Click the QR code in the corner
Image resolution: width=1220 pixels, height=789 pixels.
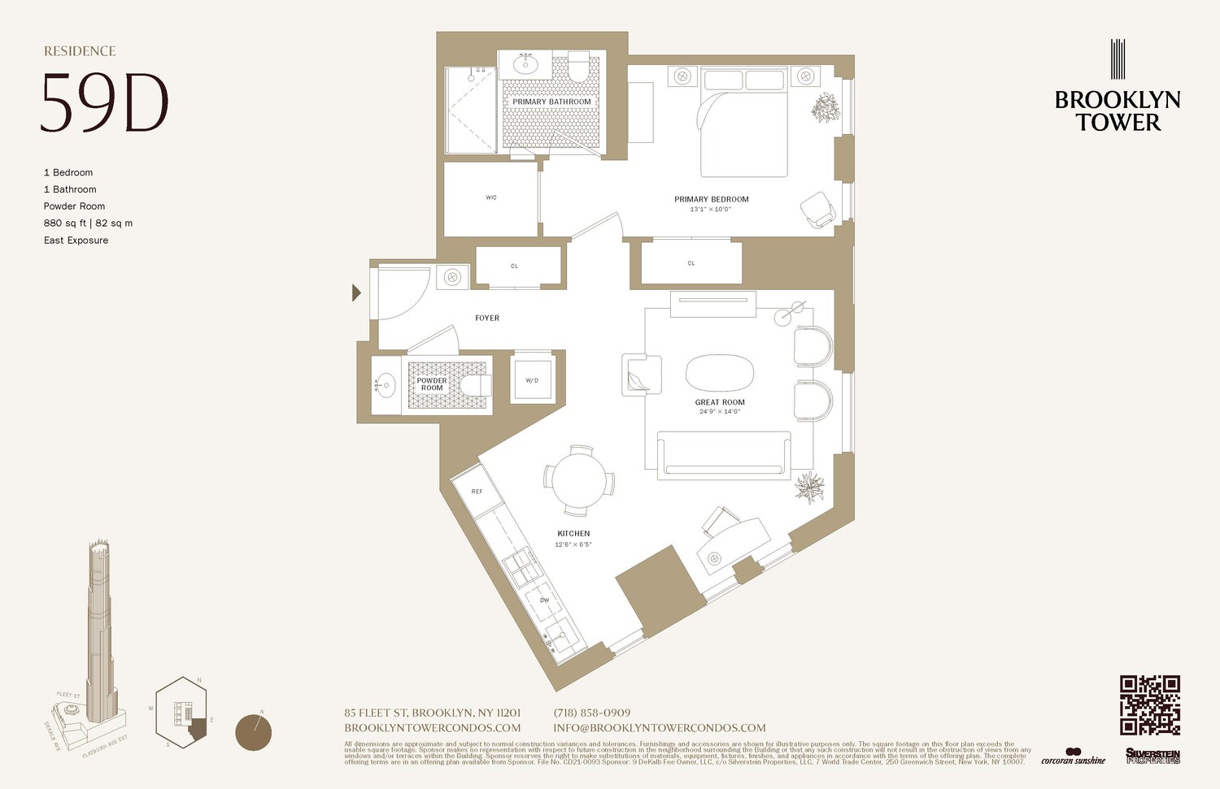[x=1149, y=704]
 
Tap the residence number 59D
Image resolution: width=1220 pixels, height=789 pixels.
[x=104, y=103]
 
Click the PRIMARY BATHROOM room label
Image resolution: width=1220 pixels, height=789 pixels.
[x=551, y=102]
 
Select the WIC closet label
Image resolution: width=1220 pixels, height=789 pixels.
[x=491, y=197]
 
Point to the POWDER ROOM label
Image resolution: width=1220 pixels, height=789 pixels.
[x=432, y=384]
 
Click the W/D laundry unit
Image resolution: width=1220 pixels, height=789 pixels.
[x=532, y=379]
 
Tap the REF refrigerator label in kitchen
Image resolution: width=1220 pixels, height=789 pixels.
[x=477, y=492]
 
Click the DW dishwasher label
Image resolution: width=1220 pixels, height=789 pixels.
[x=544, y=600]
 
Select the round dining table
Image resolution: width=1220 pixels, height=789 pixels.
[x=579, y=480]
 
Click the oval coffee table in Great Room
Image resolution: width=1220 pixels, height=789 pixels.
[x=719, y=374]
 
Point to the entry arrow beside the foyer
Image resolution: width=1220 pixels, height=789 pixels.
[x=356, y=293]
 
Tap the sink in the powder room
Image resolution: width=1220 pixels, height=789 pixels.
[x=385, y=385]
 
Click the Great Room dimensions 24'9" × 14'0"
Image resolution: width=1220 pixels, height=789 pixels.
[x=720, y=412]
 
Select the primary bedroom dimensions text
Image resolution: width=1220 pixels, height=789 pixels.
[x=711, y=210]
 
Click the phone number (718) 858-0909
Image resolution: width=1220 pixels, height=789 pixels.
[x=592, y=713]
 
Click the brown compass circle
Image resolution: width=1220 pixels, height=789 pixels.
[x=253, y=732]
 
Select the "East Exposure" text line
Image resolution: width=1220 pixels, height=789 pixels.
[x=76, y=241]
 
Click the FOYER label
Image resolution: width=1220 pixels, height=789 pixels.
[x=487, y=319]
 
